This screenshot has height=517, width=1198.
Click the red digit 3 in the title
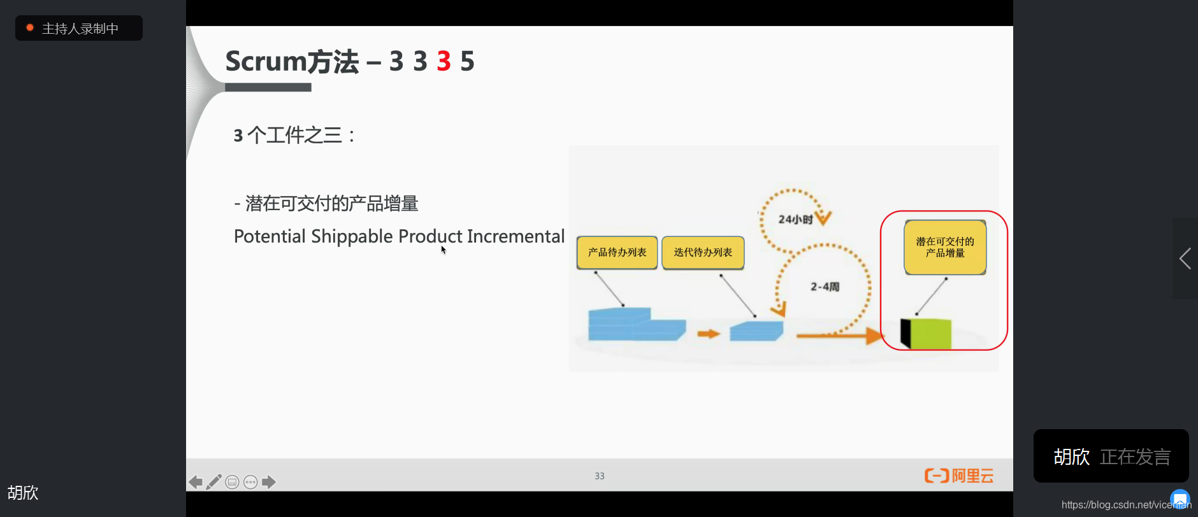pos(444,62)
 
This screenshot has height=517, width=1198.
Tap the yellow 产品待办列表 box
pos(617,252)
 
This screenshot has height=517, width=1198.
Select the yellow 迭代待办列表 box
pos(703,252)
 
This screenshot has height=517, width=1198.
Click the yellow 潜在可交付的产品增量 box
pos(945,247)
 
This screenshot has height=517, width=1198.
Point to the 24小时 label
pos(795,220)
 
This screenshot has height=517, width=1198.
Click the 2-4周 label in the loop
pos(825,287)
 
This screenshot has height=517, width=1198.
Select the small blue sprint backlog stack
pos(756,331)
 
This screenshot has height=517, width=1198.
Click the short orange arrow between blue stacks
pos(708,334)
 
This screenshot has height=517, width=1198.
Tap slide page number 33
pos(600,476)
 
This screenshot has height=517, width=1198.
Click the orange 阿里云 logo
pos(958,476)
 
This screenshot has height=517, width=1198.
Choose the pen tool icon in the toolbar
pos(214,482)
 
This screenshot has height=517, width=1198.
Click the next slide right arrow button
pos(269,482)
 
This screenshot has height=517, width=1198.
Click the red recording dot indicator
pos(30,28)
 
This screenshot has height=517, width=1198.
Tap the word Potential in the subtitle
pos(270,236)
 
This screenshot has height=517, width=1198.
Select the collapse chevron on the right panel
pos(1185,258)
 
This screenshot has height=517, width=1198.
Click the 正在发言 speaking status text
pos(1135,457)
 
